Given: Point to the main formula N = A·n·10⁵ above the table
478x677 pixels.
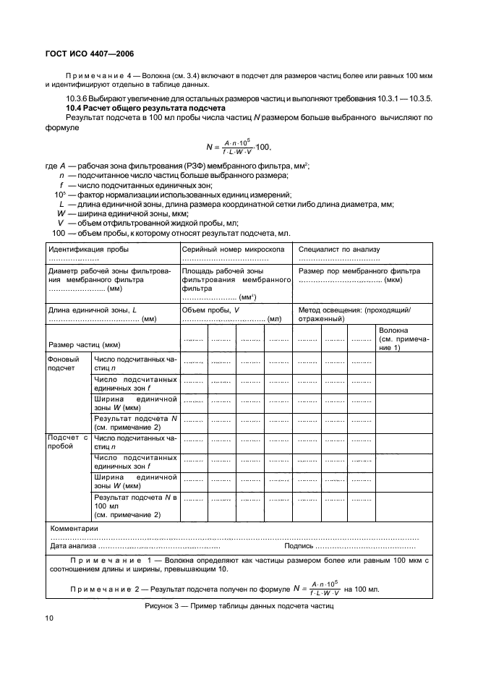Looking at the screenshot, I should tap(238, 147).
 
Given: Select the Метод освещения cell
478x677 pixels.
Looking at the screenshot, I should tap(355, 314).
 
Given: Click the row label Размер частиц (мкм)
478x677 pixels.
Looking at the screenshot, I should tap(84, 344).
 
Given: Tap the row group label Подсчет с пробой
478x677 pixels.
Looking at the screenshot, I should tap(67, 441).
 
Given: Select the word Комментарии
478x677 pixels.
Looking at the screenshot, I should tap(74, 529).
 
